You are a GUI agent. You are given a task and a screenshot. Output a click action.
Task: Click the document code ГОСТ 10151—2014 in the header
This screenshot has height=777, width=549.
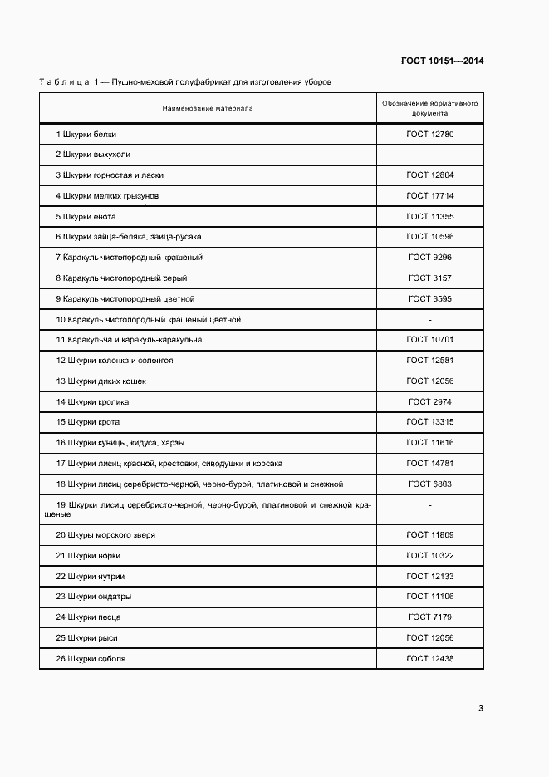click(x=442, y=61)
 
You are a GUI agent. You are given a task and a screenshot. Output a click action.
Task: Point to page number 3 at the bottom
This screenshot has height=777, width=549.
click(x=481, y=708)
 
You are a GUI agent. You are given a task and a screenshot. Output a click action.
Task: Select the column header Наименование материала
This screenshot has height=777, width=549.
click(x=208, y=108)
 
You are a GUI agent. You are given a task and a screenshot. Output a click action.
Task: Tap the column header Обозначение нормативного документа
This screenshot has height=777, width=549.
click(x=429, y=108)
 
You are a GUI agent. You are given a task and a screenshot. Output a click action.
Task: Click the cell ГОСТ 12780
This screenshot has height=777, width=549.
click(x=429, y=134)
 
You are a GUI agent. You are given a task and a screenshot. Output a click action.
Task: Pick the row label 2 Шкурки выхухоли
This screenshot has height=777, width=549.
click(x=93, y=155)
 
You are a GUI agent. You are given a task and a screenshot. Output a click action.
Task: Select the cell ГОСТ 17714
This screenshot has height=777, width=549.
click(x=429, y=196)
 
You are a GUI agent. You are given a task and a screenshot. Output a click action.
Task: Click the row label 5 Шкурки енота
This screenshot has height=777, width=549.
click(x=86, y=216)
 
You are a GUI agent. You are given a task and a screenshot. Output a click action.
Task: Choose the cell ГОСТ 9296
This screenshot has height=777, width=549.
click(x=429, y=258)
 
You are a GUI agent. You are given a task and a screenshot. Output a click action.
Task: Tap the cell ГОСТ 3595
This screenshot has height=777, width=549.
click(x=429, y=298)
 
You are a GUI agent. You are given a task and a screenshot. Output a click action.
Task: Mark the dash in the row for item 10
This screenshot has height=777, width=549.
click(x=429, y=319)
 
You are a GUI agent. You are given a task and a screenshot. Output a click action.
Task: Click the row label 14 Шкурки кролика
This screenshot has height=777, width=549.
click(x=92, y=401)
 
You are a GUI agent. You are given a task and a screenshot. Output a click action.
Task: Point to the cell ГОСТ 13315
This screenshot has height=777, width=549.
click(x=429, y=422)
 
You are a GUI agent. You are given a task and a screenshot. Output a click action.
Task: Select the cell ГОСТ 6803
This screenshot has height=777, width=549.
click(x=429, y=484)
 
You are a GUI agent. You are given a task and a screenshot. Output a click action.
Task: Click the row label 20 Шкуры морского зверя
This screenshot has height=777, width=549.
click(x=105, y=535)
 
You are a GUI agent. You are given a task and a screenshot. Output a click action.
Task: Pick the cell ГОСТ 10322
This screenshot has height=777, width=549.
click(x=429, y=555)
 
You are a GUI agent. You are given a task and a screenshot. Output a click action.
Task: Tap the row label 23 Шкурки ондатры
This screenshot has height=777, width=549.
click(x=94, y=597)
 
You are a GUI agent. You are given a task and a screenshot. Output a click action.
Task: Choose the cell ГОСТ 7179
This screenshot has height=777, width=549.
click(x=429, y=617)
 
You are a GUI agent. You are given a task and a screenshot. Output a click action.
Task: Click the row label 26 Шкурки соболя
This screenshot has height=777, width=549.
click(x=91, y=658)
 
